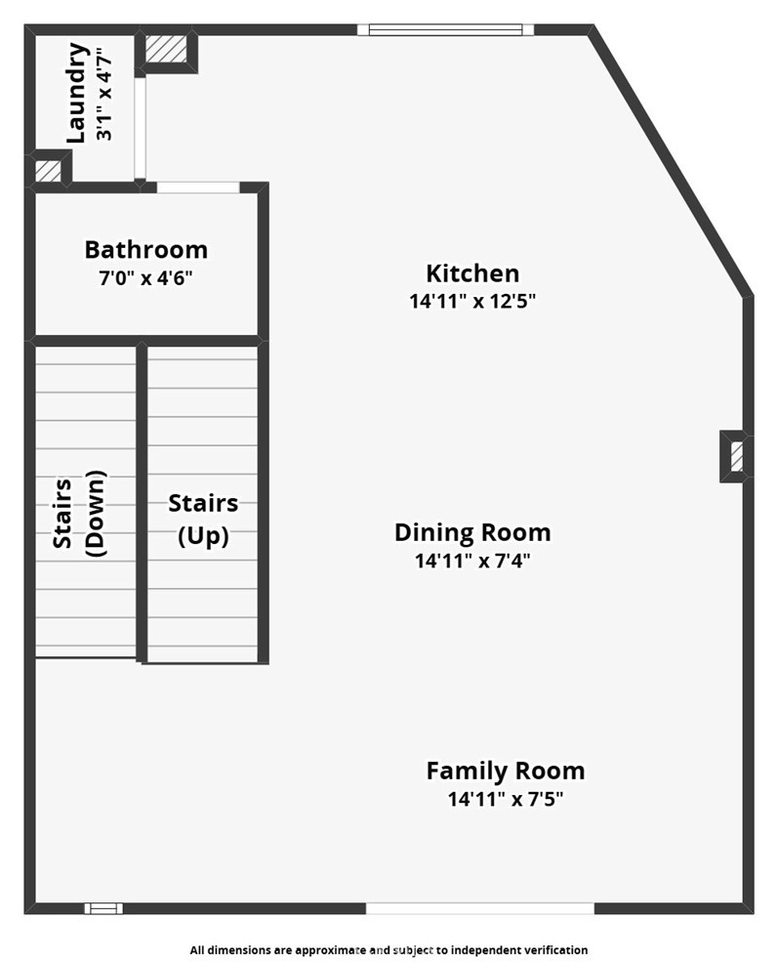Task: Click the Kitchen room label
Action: (472, 273)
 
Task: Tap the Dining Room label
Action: (472, 532)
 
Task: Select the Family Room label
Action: (506, 771)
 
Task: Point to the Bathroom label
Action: (145, 250)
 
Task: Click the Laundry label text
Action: (76, 93)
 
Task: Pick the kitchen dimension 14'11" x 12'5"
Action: (472, 301)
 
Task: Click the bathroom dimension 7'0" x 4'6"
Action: (145, 278)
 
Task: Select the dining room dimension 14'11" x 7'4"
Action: (472, 561)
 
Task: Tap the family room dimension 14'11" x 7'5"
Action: (506, 799)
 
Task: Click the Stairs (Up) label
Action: (203, 520)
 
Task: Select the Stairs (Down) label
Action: (79, 514)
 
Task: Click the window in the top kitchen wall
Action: (446, 29)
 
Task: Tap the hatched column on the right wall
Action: (737, 456)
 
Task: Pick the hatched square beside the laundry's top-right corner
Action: (166, 49)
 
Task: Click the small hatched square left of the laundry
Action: (47, 171)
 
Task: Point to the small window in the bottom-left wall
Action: (103, 908)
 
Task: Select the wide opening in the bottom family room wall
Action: (480, 908)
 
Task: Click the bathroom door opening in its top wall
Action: (198, 188)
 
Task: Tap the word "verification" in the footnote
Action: (557, 950)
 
